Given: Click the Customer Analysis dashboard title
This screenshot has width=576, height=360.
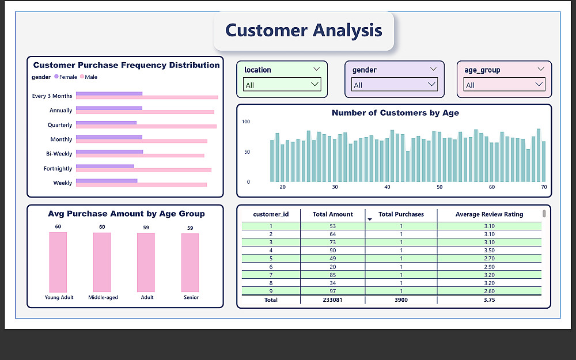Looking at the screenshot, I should (x=304, y=31).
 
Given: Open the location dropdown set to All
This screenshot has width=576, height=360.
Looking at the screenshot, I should (x=282, y=85).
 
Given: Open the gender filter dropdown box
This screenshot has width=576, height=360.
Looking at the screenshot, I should (x=394, y=85).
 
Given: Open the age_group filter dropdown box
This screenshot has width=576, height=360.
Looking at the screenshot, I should (x=504, y=85).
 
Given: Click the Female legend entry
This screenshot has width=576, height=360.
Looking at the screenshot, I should (x=66, y=77).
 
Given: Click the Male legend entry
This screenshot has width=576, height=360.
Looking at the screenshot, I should (x=89, y=77).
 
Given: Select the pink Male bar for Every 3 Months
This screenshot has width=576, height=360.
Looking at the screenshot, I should (x=147, y=97).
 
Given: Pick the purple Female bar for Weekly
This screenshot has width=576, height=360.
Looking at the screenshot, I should (x=107, y=180).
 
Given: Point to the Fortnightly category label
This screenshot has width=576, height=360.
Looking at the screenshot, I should (x=58, y=169).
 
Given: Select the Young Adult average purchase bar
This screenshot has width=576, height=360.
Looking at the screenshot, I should (x=58, y=262).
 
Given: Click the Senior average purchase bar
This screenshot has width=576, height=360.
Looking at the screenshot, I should (x=190, y=262).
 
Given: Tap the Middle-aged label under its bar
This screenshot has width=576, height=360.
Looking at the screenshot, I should (x=103, y=298).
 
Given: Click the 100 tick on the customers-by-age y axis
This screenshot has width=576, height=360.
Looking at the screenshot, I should (x=246, y=122).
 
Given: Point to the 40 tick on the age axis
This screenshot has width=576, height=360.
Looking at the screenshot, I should (x=387, y=188).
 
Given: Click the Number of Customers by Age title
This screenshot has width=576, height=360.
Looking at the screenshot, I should (x=395, y=113).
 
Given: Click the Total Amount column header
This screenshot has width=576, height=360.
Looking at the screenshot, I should (x=332, y=214).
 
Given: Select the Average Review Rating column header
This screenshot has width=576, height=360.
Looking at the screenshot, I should (x=489, y=214).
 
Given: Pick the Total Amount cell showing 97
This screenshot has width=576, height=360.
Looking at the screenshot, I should (x=332, y=291).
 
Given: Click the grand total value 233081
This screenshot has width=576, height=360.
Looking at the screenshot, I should (x=332, y=300).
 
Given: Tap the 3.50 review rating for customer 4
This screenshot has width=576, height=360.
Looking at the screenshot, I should (x=489, y=251).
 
